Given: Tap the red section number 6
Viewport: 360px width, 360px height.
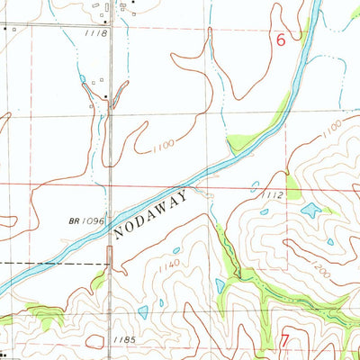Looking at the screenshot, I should tap(281, 40).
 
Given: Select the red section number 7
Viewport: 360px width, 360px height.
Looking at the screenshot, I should tap(285, 341).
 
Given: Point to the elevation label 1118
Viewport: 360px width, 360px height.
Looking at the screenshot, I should tap(98, 33).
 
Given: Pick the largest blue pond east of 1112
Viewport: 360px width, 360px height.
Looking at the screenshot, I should tap(311, 210).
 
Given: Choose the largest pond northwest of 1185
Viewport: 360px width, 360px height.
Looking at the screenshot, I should tap(143, 311).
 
